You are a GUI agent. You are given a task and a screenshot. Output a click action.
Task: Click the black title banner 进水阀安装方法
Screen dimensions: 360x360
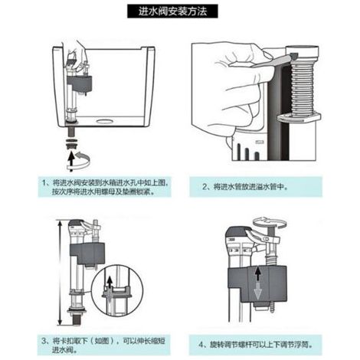tap(172, 11)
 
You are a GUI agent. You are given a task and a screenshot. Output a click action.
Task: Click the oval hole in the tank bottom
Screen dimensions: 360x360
tap(105, 120)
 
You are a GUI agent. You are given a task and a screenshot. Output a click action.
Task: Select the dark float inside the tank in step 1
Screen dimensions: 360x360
tap(79, 84)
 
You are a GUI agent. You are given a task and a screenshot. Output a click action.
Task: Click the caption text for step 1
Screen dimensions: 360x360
tap(105, 187)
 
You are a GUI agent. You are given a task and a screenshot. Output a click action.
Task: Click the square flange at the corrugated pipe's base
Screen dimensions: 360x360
tap(299, 117)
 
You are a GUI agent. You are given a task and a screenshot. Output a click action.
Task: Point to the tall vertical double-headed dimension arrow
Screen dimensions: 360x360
tap(60, 273)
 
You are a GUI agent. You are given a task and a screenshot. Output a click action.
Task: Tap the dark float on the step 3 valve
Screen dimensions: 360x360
tap(87, 254)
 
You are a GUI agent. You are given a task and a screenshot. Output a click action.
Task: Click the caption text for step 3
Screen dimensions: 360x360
tap(103, 345)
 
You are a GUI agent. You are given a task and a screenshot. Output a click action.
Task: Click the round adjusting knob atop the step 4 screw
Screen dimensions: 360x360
tap(270, 221)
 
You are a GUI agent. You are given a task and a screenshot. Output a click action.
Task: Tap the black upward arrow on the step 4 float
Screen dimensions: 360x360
tap(258, 273)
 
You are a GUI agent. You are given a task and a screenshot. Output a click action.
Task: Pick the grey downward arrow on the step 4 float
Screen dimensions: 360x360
tap(258, 290)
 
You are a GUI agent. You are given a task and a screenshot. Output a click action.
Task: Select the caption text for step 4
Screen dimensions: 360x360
tap(256, 345)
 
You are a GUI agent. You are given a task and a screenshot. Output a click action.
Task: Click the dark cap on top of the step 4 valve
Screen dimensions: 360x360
tap(237, 233)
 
